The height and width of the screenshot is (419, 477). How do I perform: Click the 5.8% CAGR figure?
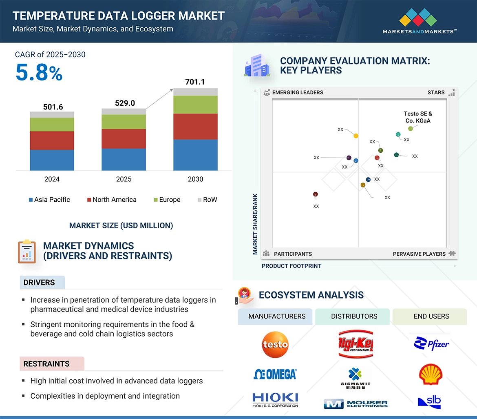39,73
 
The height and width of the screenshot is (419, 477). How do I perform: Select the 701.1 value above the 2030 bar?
195,82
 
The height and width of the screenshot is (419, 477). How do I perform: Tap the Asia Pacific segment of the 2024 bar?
52,160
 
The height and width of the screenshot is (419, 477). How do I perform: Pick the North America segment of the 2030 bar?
195,127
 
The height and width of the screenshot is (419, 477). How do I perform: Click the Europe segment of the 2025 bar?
124,122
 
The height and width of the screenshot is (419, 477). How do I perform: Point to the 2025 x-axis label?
124,179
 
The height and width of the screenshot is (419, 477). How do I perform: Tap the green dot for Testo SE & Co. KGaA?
411,129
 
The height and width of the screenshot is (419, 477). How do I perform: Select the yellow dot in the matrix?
356,136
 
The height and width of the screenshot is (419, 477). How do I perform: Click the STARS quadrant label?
436,92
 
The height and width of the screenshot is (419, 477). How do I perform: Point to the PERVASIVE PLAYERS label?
419,254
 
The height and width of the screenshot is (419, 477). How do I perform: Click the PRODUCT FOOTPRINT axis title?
291,266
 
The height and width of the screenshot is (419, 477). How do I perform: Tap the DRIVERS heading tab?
39,283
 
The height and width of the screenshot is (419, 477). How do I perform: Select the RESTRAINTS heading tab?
46,364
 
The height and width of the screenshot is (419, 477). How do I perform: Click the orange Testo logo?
275,344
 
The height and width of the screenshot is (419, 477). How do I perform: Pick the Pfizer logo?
431,344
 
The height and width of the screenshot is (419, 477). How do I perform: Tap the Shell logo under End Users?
431,374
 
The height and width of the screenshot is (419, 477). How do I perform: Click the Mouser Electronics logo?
356,404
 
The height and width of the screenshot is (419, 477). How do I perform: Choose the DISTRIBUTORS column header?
354,316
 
